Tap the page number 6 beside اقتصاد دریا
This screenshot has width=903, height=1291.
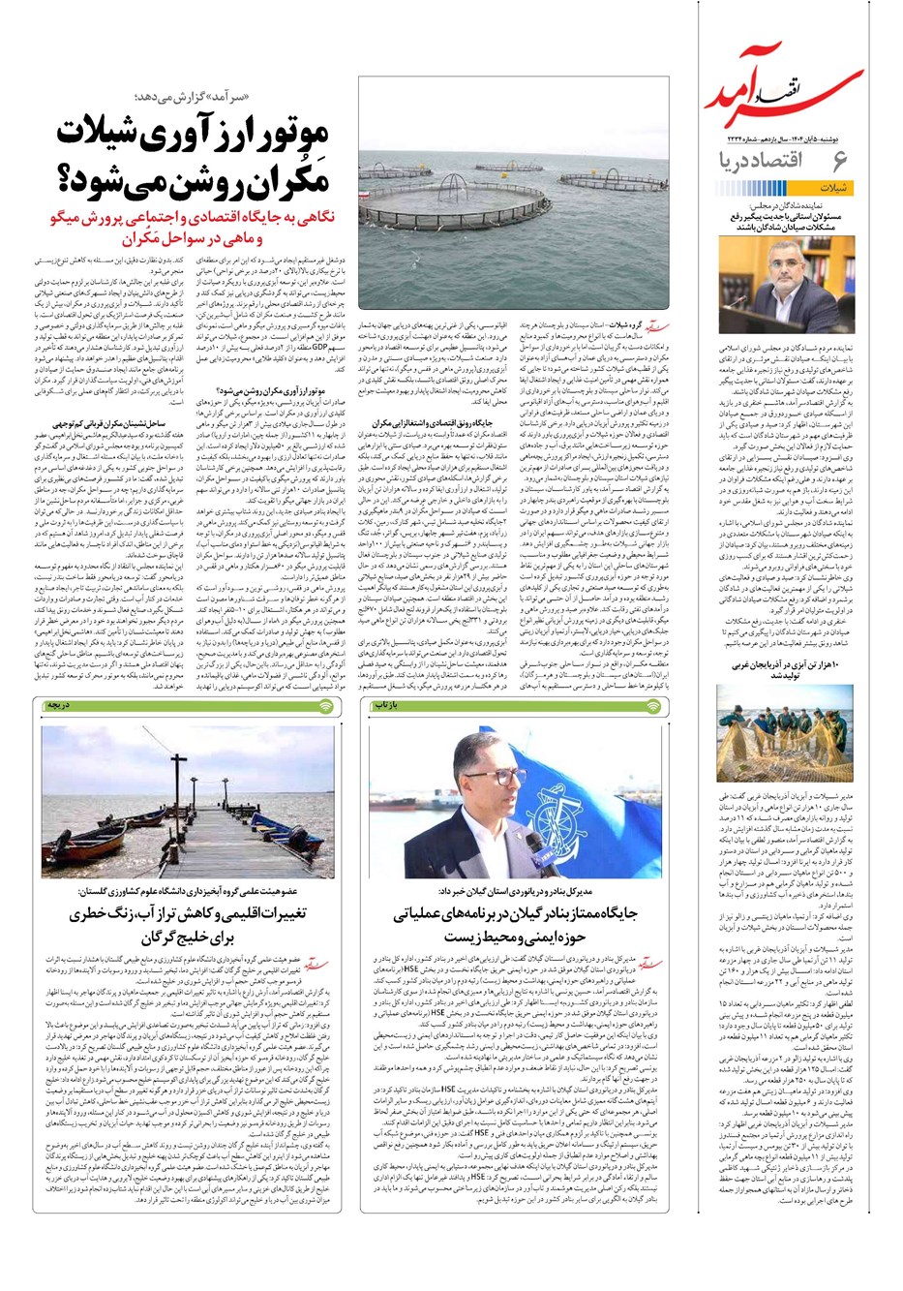[x=838, y=162]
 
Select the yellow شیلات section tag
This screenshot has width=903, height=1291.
[x=838, y=188]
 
